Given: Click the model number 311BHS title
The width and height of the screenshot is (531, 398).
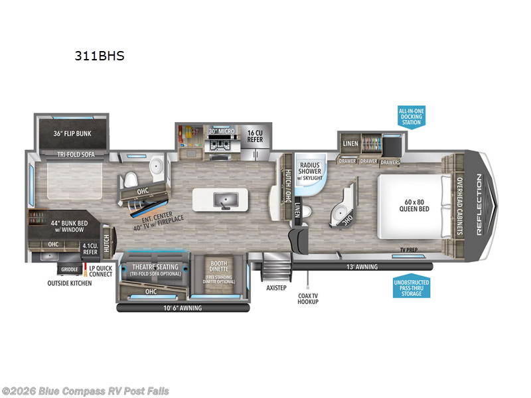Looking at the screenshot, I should pyautogui.click(x=99, y=56).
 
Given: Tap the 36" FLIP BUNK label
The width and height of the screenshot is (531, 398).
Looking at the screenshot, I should pyautogui.click(x=72, y=133).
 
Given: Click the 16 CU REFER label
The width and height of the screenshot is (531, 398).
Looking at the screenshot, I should pyautogui.click(x=256, y=135).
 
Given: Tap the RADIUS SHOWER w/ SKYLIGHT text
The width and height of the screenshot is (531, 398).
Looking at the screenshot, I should pyautogui.click(x=310, y=170).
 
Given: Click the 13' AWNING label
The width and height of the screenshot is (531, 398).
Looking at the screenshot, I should pyautogui.click(x=362, y=267).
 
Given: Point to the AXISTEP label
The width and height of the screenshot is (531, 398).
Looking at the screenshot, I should pyautogui.click(x=275, y=289).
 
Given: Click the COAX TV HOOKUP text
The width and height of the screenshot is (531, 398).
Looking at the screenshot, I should pyautogui.click(x=307, y=298).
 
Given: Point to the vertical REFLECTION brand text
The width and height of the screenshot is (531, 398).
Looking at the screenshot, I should pyautogui.click(x=479, y=204).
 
